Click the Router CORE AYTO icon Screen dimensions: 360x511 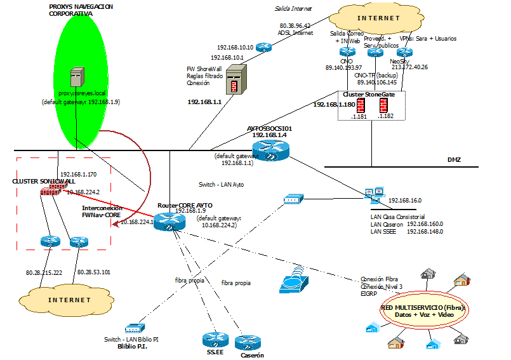click(x=169, y=220)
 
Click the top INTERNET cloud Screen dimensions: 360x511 click(x=378, y=18)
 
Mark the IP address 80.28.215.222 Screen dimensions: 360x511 click(x=44, y=272)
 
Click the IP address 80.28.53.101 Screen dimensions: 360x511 click(x=94, y=272)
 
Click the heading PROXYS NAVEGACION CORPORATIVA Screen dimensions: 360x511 click(x=81, y=9)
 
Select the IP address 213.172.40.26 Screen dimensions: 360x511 click(x=410, y=67)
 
